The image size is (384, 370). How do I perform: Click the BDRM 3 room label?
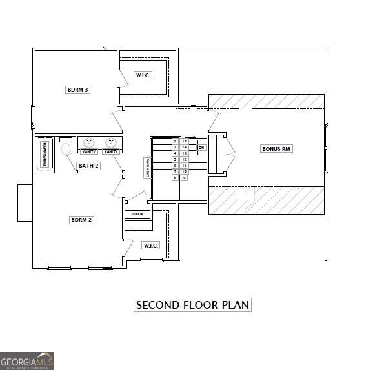[77, 90]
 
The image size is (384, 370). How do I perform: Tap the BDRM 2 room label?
[81, 220]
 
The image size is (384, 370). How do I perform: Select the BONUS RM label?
[277, 149]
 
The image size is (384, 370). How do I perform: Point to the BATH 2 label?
[88, 166]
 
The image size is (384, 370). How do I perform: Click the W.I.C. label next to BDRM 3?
[143, 75]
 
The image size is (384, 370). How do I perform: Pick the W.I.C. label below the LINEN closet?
[150, 245]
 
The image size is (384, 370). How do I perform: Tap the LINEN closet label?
[137, 214]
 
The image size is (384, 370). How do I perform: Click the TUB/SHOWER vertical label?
[45, 154]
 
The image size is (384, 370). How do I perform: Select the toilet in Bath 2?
[66, 148]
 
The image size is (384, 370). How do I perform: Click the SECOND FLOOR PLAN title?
[192, 305]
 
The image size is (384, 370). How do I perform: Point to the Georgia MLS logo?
[27, 360]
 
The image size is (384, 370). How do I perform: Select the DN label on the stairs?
[201, 148]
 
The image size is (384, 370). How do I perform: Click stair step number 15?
[184, 141]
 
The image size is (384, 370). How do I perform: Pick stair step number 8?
[175, 178]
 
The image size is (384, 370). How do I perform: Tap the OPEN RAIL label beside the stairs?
[147, 168]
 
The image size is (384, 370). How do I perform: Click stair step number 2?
[175, 141]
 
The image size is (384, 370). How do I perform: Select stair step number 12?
[184, 159]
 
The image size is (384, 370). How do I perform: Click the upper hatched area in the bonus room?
[266, 102]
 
